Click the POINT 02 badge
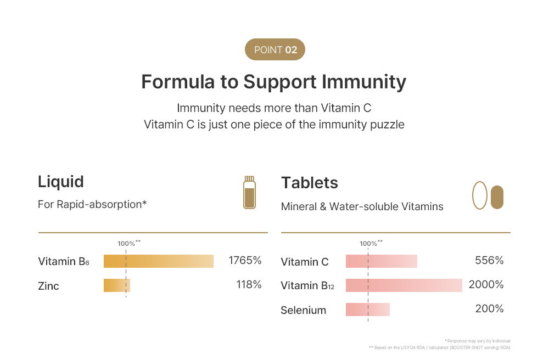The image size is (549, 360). pos(274,50)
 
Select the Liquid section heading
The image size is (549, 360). pos(61,182)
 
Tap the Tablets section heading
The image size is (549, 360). pos(310,183)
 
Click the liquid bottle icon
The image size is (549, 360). pos(250,193)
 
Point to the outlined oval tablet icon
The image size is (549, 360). pos(480,196)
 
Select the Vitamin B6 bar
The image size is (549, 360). pos(158,261)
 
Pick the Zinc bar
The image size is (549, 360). pos(117,285)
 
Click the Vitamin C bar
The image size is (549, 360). pos(381,261)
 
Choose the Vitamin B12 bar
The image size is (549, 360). pos(404,285)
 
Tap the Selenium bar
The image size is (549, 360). pos(367,310)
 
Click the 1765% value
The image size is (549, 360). pos(245,260)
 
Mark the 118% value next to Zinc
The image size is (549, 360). pos(249,284)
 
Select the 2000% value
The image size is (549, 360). pos(486,284)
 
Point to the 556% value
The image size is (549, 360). pos(489,260)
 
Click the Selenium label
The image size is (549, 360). pos(303,310)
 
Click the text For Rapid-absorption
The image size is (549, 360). pos(92,204)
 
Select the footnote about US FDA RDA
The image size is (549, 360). pos(439,347)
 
